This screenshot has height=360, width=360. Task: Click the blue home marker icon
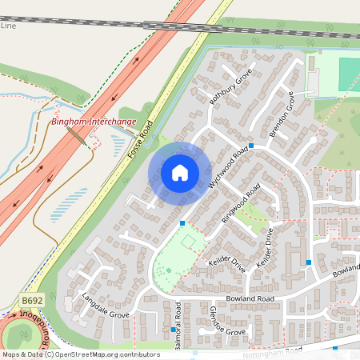(x=180, y=172)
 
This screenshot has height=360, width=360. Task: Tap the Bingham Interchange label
(x=92, y=121)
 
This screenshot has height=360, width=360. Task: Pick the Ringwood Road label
(x=242, y=206)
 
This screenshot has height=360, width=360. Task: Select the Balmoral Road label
(x=178, y=320)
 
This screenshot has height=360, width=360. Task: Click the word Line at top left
(x=8, y=26)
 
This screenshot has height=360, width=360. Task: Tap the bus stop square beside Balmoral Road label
(x=173, y=329)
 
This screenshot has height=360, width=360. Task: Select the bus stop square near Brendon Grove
(x=251, y=146)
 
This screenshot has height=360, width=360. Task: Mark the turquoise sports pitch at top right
(x=350, y=74)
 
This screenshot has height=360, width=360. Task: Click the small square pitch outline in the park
(x=189, y=239)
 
